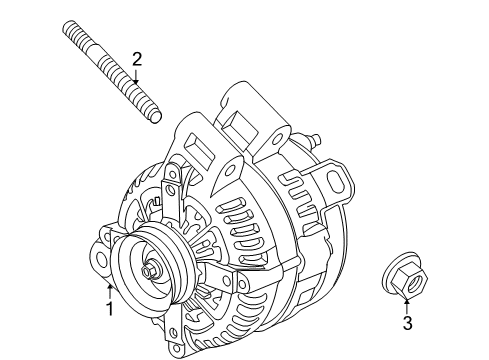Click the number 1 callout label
coord(110,309)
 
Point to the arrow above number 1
coord(110,290)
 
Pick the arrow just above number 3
coord(406,304)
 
